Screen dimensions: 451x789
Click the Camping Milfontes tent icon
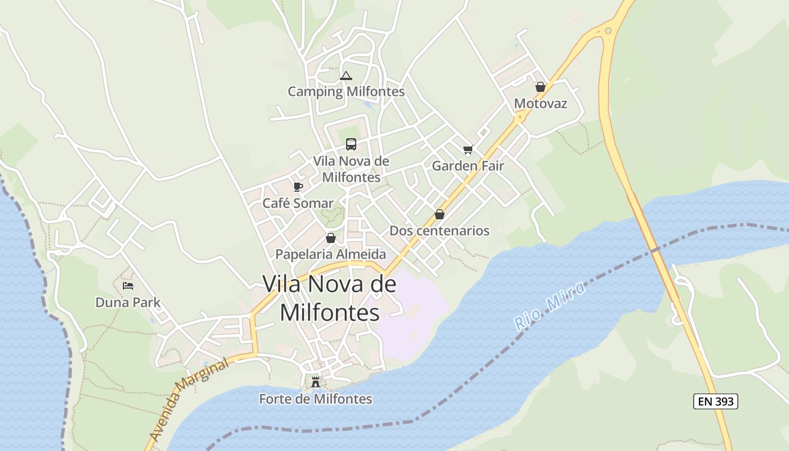(346, 76)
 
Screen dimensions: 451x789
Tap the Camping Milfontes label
(346, 91)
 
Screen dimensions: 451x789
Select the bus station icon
(351, 144)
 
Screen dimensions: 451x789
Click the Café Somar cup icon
(298, 187)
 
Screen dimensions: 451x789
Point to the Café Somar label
(298, 203)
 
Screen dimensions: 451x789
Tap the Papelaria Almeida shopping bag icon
(331, 238)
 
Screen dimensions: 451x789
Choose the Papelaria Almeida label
(331, 254)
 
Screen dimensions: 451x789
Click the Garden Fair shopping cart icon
(468, 149)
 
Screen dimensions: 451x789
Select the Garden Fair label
(468, 166)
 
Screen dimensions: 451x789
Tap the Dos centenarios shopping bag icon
(440, 214)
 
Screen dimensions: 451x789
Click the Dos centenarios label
(440, 231)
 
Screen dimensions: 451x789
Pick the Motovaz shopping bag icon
(540, 87)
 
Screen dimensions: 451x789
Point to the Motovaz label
(540, 104)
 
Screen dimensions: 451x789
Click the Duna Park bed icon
(128, 286)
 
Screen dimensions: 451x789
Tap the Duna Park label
(128, 302)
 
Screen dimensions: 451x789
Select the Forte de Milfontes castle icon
(316, 382)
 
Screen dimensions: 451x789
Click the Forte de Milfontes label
(316, 399)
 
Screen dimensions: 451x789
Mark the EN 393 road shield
(716, 401)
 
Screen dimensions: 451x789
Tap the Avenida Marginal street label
(189, 399)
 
